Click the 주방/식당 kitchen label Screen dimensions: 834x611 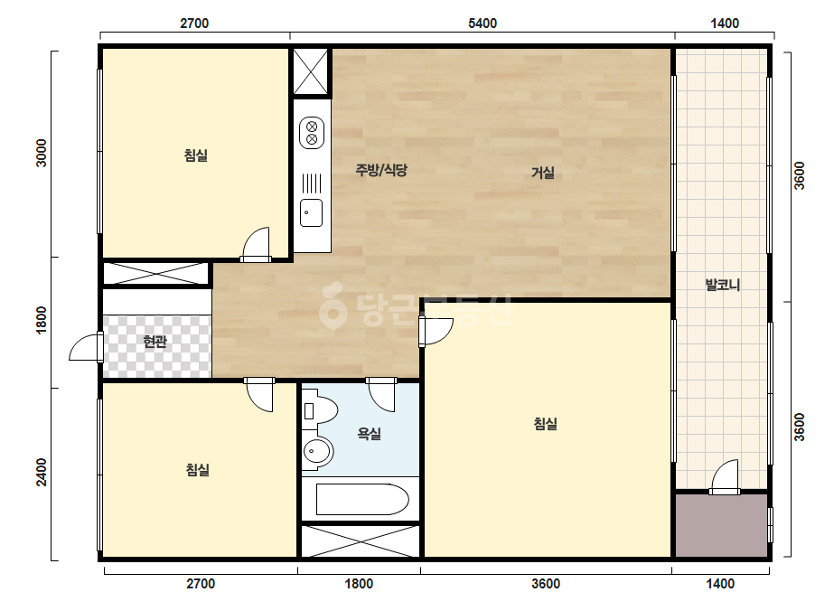[x=380, y=170]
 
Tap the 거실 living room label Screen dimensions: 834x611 [x=542, y=173]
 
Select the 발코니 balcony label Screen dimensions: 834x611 [x=722, y=285]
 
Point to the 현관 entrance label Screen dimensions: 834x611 [x=155, y=341]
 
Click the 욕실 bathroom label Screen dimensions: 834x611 [x=369, y=434]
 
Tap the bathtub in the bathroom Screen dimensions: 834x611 [x=362, y=499]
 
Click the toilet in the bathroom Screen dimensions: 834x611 [x=320, y=410]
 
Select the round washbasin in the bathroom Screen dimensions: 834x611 [x=317, y=452]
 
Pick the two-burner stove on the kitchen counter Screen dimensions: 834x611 [x=312, y=133]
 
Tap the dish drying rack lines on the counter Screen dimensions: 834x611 [x=312, y=183]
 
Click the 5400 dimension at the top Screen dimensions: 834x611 [x=483, y=23]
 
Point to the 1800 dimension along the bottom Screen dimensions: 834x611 [x=359, y=584]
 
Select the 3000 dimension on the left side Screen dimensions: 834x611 [x=42, y=153]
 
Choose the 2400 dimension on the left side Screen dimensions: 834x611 [x=42, y=472]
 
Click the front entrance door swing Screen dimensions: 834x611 [x=86, y=347]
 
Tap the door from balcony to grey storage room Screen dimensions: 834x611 [x=725, y=477]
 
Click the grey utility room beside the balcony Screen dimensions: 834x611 [x=722, y=525]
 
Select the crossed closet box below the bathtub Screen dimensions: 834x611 [x=361, y=541]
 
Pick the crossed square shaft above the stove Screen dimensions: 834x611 [x=311, y=71]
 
